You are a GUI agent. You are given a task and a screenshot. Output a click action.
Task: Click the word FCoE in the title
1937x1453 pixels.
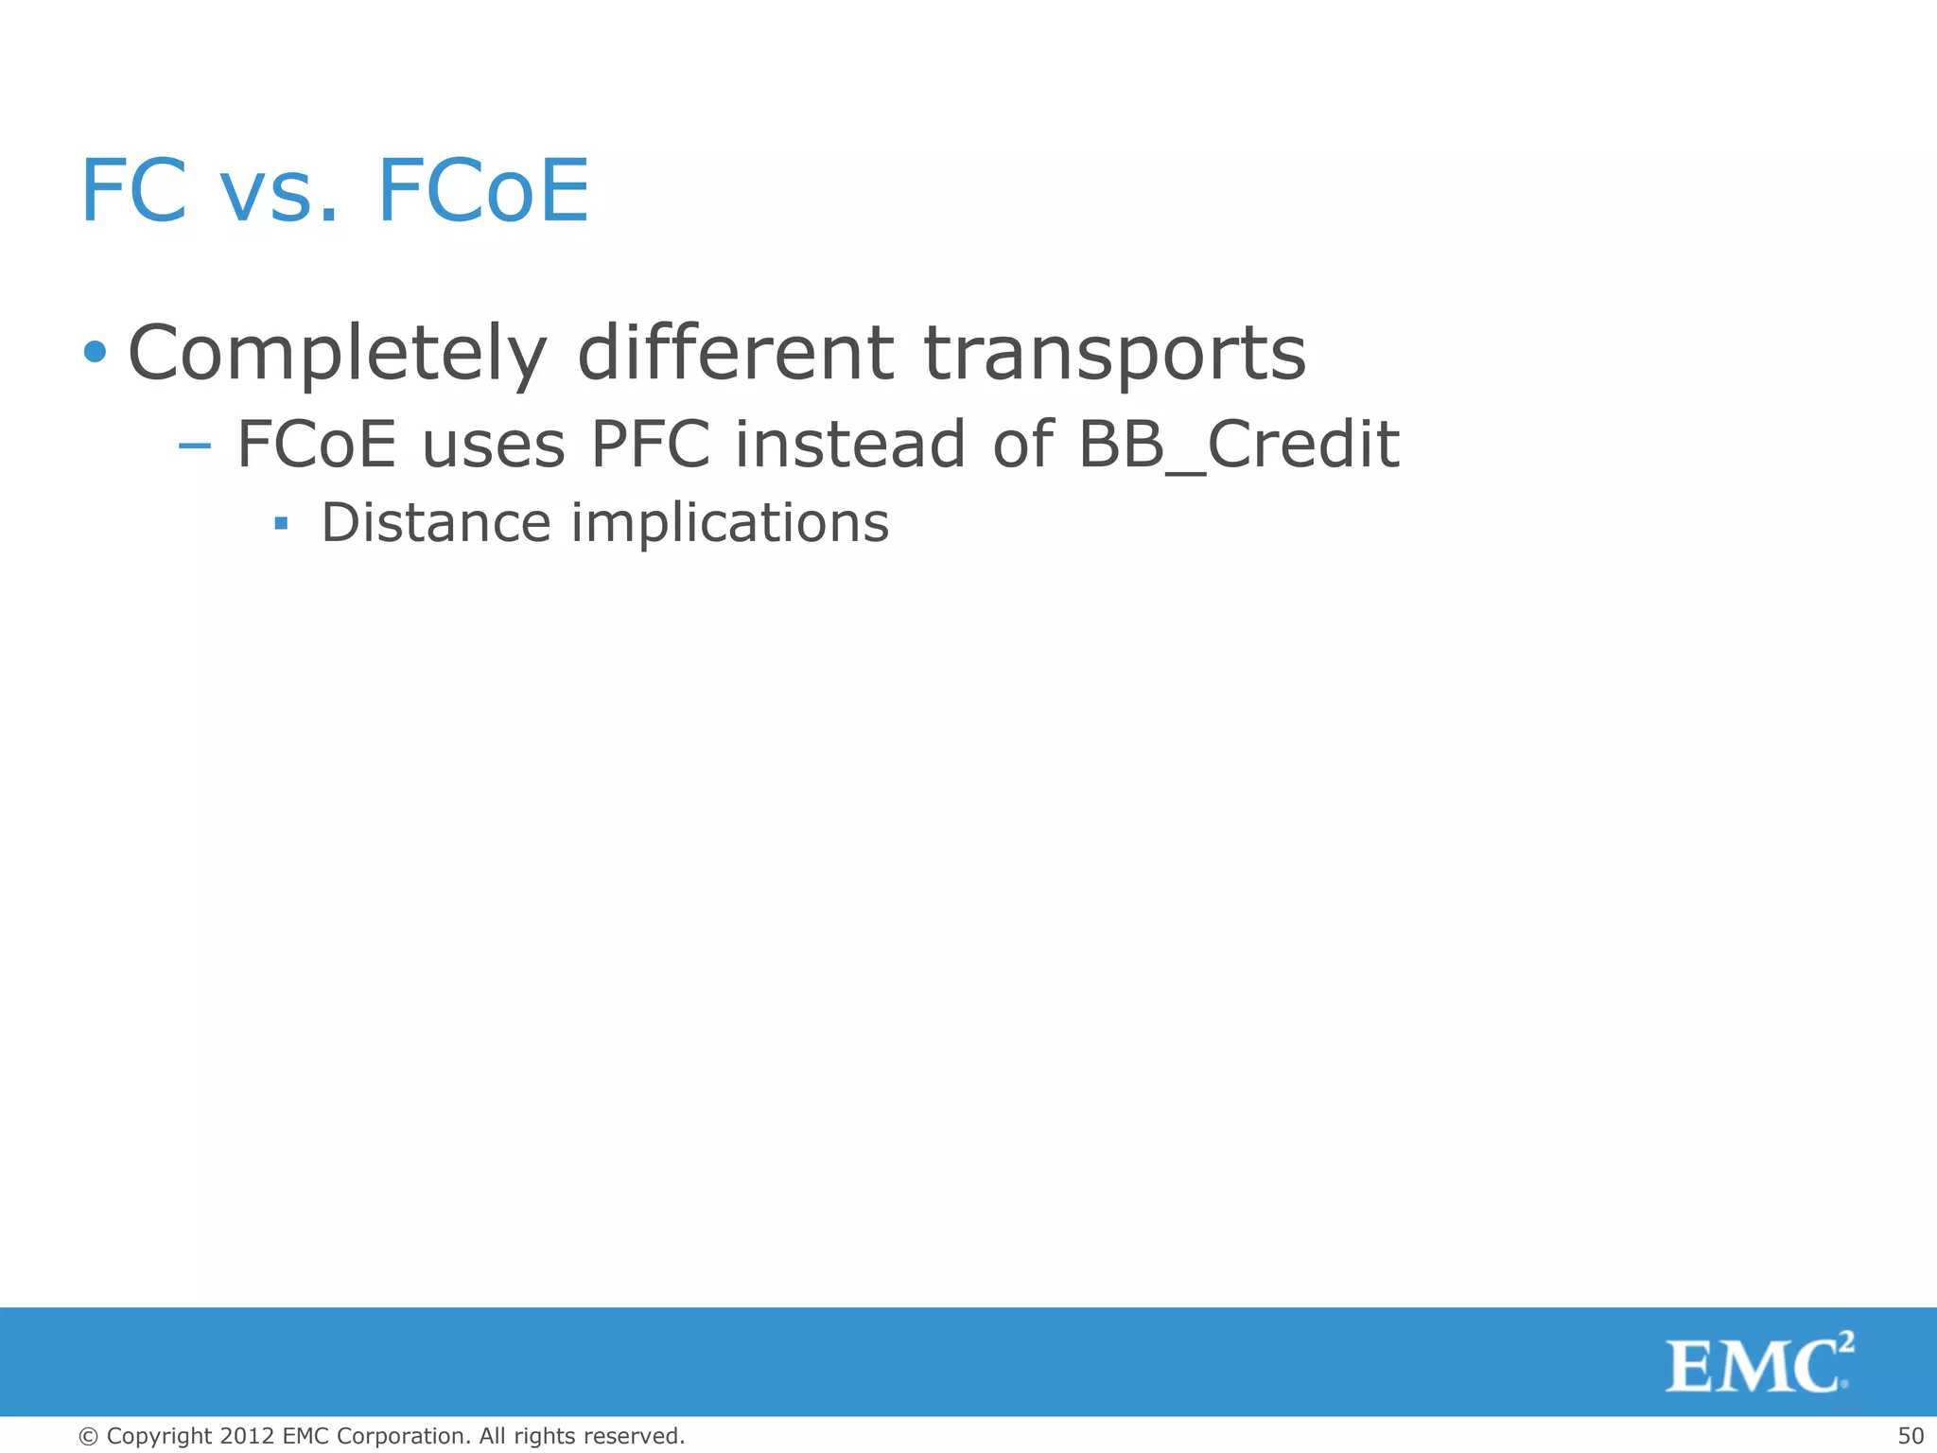483,191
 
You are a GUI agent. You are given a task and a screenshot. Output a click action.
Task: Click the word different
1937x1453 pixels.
735,352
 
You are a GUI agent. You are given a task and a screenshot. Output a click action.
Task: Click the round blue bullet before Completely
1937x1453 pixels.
95,352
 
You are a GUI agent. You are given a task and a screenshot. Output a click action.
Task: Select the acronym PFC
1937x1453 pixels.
650,444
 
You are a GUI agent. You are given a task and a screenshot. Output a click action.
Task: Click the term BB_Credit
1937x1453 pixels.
1238,444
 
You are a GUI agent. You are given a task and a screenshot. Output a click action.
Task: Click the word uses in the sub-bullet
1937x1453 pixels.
493,446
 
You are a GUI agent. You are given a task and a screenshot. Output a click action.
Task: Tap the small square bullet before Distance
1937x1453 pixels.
280,523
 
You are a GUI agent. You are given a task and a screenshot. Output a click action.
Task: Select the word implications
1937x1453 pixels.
730,524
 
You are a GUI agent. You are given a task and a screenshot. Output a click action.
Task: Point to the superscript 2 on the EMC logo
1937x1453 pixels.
1845,1342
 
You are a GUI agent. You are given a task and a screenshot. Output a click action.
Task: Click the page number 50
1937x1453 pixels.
1910,1436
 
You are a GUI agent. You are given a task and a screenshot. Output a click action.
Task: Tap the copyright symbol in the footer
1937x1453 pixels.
89,1436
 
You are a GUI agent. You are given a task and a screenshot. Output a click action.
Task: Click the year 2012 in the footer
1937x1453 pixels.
247,1436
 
